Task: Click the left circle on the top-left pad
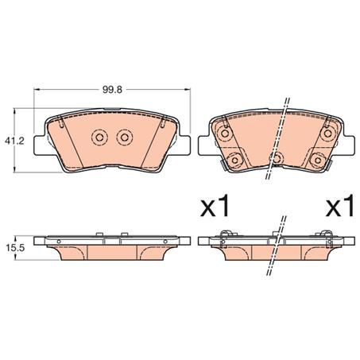pos(100,138)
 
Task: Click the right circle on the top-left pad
pos(123,138)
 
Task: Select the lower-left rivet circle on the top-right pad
pos(234,161)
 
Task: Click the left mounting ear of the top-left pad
pos(39,147)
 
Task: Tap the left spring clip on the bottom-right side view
pos(225,234)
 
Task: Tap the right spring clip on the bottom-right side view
pos(326,234)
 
